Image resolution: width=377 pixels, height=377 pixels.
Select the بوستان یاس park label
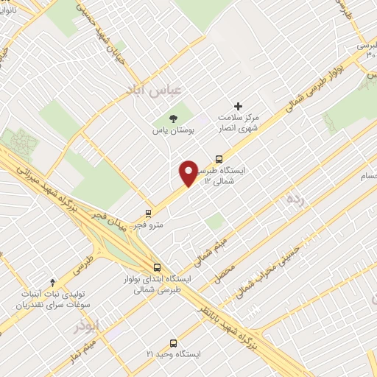click(167, 130)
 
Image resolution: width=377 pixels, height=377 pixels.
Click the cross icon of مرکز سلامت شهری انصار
click(237, 106)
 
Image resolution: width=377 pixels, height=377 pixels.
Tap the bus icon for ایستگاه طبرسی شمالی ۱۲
click(219, 158)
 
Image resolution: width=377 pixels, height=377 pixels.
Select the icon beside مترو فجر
click(149, 214)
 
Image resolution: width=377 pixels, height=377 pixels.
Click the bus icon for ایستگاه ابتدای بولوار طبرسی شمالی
click(156, 269)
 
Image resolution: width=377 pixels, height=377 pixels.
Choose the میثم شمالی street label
click(212, 247)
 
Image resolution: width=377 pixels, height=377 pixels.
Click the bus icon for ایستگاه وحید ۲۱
click(173, 343)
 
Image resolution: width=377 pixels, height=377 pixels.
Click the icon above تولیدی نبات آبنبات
click(52, 282)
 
